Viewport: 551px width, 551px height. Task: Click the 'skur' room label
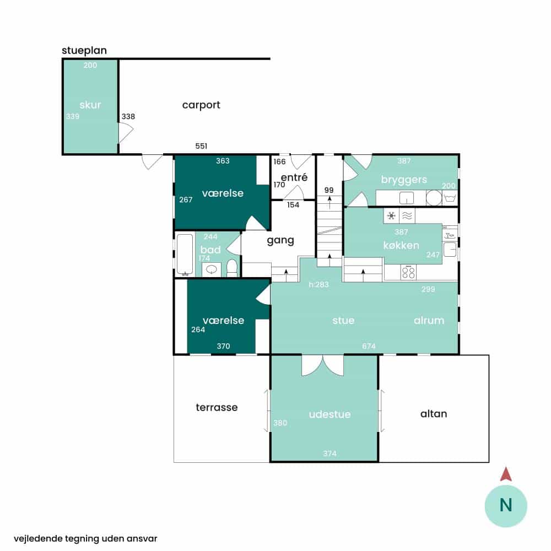tap(90, 105)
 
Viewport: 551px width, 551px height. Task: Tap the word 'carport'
tap(201, 105)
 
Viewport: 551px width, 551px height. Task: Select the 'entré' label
tap(294, 177)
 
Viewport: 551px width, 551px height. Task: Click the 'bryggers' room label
tap(404, 180)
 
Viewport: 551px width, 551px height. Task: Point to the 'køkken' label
tap(401, 245)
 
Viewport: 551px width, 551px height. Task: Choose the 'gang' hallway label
tap(280, 241)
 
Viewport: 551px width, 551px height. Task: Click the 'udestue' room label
tap(329, 414)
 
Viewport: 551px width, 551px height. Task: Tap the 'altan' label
tap(434, 414)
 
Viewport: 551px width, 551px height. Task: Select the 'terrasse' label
tap(217, 407)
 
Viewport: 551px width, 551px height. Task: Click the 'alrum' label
tap(429, 320)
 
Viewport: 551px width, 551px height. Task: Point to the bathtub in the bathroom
tap(185, 254)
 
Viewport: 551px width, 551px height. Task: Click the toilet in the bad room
tap(231, 268)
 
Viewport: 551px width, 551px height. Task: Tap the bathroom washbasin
tap(211, 269)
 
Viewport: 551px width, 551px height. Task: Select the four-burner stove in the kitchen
tap(408, 272)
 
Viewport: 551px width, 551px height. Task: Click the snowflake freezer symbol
tap(391, 215)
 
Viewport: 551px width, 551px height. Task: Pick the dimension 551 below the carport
tap(201, 146)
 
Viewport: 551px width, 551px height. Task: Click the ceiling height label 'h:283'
tap(318, 284)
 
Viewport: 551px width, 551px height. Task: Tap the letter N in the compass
tap(506, 505)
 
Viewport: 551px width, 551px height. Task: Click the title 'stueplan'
tap(84, 51)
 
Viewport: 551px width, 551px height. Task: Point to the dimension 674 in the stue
tap(369, 346)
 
